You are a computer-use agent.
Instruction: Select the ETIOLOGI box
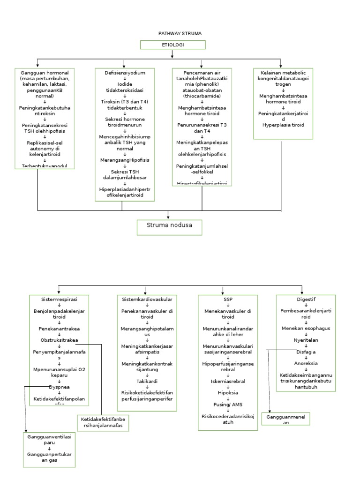[172, 45]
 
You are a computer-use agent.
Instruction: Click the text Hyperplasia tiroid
[283, 125]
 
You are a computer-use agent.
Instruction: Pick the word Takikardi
[147, 382]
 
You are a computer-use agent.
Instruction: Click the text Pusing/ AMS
[228, 405]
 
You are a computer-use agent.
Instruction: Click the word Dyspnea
[59, 387]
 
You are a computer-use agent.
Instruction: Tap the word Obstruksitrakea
[59, 340]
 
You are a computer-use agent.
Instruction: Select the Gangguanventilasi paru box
[49, 449]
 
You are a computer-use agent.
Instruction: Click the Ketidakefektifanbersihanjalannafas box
[104, 422]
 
